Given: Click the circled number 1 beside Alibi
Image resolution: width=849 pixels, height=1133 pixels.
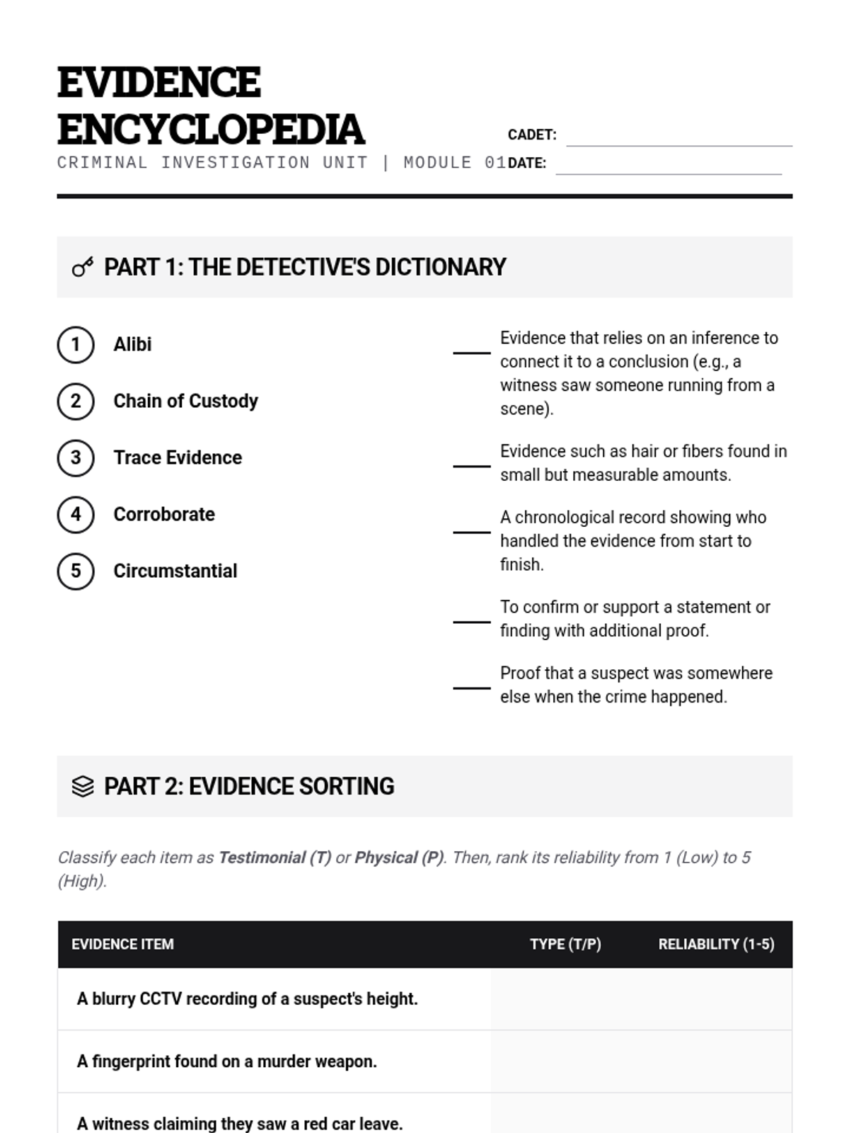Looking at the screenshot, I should (76, 345).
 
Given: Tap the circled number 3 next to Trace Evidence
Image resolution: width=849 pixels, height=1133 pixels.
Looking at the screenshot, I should (76, 458).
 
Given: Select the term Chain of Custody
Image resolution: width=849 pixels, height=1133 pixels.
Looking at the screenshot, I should (185, 402).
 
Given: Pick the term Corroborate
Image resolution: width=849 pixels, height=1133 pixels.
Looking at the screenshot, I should (164, 515).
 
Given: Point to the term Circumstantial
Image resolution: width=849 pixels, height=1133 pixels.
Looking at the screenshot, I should (175, 571).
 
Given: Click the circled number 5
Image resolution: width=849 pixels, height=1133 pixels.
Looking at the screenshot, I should (76, 571).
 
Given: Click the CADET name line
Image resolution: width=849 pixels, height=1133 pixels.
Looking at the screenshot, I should (679, 138).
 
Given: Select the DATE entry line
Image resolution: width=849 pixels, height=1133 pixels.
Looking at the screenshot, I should (669, 166).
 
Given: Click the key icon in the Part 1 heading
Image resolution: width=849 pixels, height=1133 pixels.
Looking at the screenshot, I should (83, 268).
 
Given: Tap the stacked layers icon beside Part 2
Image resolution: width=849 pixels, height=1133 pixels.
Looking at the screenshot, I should (83, 787).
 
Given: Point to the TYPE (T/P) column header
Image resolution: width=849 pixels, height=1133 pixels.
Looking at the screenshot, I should (565, 945).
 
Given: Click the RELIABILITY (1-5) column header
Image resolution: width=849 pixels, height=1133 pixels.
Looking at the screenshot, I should (716, 945).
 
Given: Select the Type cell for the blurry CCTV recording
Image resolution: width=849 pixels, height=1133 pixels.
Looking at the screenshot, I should (565, 999).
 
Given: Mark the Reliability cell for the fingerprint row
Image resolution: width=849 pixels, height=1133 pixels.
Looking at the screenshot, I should (716, 1061).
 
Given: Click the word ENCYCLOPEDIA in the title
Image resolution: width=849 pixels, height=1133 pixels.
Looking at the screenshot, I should (211, 130).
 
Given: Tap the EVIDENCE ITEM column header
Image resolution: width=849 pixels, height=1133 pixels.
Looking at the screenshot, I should (122, 945).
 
